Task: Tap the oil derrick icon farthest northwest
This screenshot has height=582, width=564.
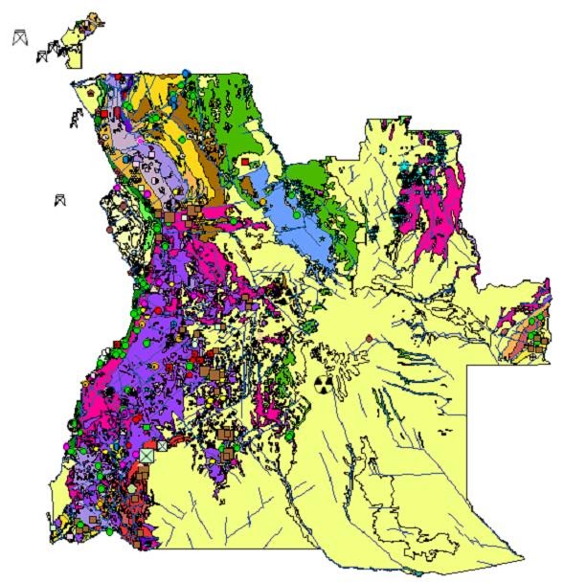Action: pos(18,38)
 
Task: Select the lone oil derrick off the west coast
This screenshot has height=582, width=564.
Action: pos(60,200)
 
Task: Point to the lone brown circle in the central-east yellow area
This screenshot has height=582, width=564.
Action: pos(369,338)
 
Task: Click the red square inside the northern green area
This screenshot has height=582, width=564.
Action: pos(246,164)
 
